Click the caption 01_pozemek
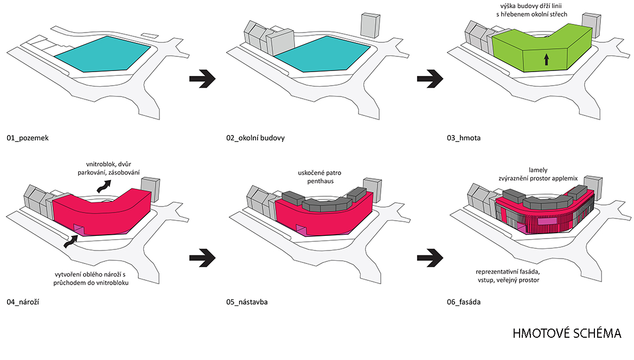pos(28,138)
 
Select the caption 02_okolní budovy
pos(255,138)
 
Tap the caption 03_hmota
pos(464,138)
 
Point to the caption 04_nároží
pos(23,302)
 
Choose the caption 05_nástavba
pos(247,302)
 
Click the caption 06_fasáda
pos(464,302)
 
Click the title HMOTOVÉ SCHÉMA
pos(567,333)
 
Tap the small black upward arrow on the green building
pos(546,60)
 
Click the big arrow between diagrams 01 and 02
pos(202,79)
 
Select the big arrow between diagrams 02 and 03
pos(430,79)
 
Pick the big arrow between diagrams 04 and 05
pos(202,258)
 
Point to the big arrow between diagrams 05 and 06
pos(430,258)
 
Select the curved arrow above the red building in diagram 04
pos(104,187)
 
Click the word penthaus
pos(320,181)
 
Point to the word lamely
pos(538,170)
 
